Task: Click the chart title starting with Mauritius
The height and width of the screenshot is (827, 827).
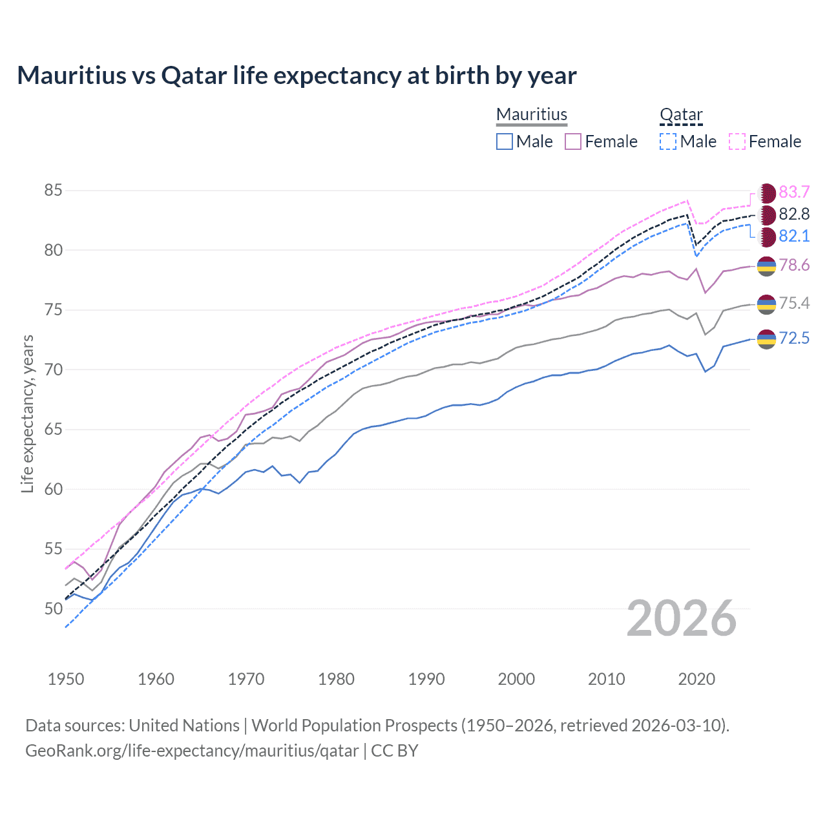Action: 297,76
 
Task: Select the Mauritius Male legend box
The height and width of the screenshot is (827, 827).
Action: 505,141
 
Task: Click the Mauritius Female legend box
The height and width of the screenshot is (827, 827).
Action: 573,141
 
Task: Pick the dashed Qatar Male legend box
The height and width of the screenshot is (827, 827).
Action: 668,141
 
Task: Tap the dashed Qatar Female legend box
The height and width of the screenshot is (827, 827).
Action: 737,141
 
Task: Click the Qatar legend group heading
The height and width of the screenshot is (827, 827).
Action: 680,115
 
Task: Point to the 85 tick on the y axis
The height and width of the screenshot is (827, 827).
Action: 53,191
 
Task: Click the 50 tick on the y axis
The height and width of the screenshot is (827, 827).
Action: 53,609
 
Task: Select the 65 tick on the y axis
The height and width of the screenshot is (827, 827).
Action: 53,430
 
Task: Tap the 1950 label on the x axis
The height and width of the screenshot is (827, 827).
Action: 66,679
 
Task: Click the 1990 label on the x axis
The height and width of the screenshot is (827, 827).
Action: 426,679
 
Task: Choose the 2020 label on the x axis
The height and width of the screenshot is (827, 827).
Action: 696,679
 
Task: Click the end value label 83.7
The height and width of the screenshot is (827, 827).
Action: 794,193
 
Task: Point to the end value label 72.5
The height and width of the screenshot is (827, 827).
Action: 794,338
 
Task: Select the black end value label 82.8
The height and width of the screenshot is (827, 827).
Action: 794,215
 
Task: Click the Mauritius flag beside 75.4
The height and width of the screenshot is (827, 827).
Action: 766,304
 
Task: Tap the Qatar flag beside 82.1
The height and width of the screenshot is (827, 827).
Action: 766,236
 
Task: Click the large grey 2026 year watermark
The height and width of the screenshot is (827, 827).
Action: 682,618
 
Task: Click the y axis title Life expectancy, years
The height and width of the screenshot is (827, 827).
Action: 28,413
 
